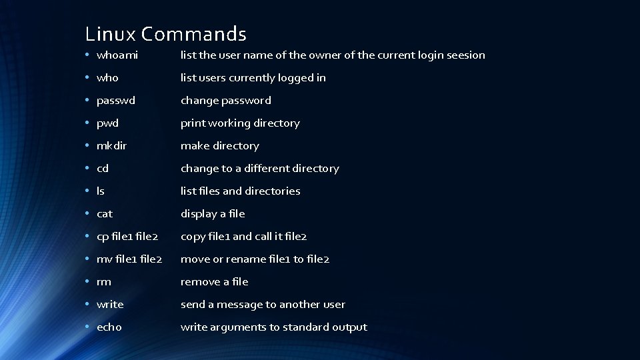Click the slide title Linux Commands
click(x=166, y=33)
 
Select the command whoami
click(x=117, y=55)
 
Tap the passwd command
click(x=116, y=101)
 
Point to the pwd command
click(x=107, y=123)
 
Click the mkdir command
click(x=111, y=146)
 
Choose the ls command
click(x=101, y=191)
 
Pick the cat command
click(x=105, y=214)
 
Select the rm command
click(x=104, y=282)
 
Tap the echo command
click(x=109, y=327)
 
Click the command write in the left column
click(x=110, y=305)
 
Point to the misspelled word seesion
click(x=465, y=55)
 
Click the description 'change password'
click(x=226, y=101)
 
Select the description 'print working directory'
click(x=240, y=123)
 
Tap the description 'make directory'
click(x=220, y=146)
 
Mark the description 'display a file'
click(x=213, y=214)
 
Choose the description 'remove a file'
click(x=215, y=282)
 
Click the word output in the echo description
click(x=349, y=327)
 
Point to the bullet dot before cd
click(x=87, y=169)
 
